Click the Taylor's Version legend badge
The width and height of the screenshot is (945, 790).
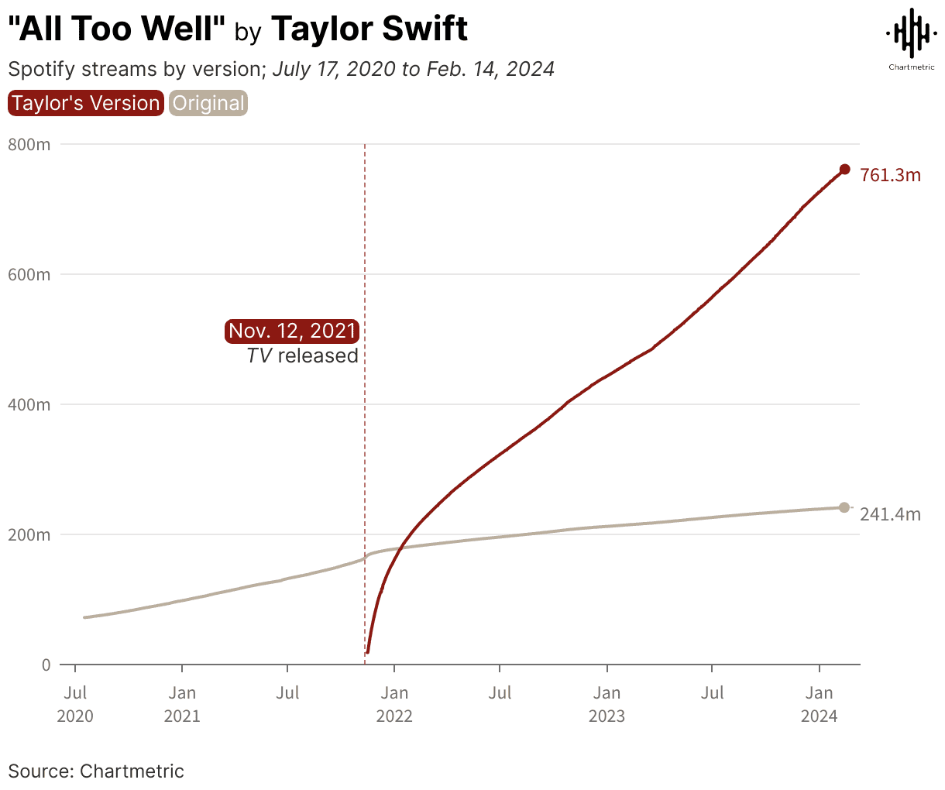point(85,103)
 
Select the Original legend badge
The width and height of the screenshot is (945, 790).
point(208,103)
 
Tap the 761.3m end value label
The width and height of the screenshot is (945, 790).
point(890,175)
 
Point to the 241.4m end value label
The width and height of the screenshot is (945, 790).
point(890,514)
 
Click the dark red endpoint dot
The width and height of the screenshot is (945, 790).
point(844,170)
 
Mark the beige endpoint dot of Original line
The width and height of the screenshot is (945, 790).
point(844,507)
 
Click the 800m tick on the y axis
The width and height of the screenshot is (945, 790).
point(29,144)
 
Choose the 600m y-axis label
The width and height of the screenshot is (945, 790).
point(29,274)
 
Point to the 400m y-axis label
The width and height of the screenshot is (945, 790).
point(29,404)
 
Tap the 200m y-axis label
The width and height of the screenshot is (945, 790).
point(29,534)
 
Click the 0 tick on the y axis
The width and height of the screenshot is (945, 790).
point(46,665)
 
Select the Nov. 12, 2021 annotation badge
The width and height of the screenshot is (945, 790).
point(292,331)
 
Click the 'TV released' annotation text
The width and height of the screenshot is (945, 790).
point(302,355)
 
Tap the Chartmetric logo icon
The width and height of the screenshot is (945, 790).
point(911,33)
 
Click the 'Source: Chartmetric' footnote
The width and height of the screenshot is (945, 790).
point(96,771)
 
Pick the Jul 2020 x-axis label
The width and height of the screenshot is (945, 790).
point(75,703)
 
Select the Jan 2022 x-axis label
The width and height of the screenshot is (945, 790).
point(394,703)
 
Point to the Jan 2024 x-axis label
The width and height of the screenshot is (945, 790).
point(820,703)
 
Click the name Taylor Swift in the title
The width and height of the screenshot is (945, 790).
point(369,29)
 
